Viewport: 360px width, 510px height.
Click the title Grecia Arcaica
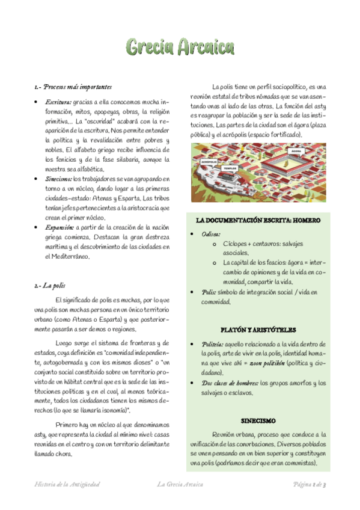[x=180, y=46]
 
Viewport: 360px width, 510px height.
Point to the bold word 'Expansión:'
[x=59, y=227]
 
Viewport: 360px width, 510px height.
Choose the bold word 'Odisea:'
[x=210, y=234]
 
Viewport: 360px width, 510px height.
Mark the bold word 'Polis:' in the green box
[x=208, y=292]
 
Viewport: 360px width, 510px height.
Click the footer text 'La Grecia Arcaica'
[x=180, y=484]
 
